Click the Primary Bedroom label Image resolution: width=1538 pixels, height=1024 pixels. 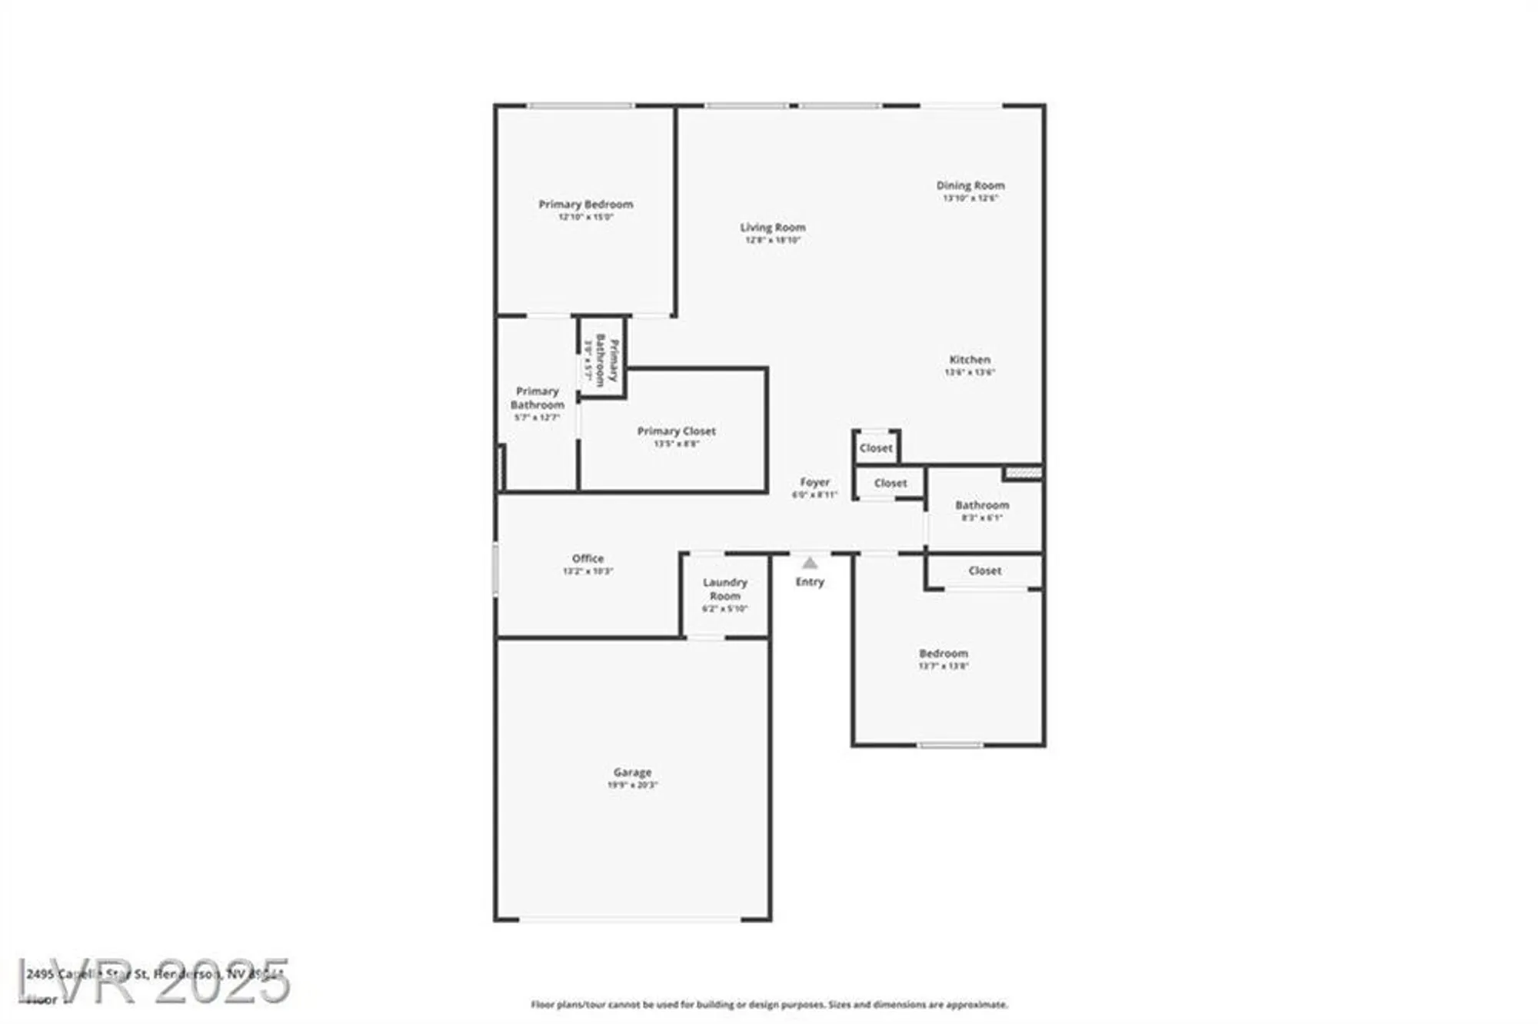click(x=585, y=204)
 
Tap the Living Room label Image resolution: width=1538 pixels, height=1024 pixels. click(x=772, y=228)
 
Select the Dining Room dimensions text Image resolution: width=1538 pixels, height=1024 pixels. click(x=970, y=198)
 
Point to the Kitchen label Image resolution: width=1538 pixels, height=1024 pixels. click(x=969, y=360)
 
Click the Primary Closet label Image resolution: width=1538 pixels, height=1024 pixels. click(x=676, y=431)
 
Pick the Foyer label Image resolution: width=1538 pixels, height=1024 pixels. click(x=814, y=483)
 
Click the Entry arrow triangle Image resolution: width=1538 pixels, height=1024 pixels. click(x=810, y=564)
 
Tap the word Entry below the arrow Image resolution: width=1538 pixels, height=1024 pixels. click(x=810, y=582)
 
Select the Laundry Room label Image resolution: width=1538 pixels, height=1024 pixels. click(x=724, y=589)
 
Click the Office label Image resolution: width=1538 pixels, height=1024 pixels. click(x=588, y=559)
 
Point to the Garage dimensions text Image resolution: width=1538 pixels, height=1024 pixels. click(x=632, y=785)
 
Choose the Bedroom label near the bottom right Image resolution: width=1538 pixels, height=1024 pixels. click(x=943, y=653)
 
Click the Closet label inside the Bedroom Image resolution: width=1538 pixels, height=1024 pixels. click(x=984, y=571)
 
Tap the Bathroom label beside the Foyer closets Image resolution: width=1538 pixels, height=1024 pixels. click(x=982, y=505)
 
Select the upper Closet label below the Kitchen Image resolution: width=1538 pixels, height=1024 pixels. click(x=876, y=448)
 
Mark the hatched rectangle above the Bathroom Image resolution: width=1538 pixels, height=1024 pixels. click(x=1023, y=473)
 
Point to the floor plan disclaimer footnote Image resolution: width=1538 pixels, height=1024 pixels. click(x=769, y=1005)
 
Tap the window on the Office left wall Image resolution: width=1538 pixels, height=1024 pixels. click(x=495, y=569)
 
